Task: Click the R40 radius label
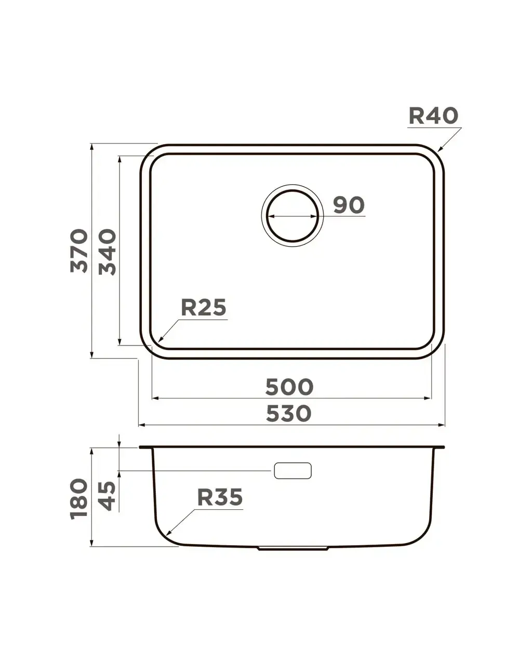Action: pyautogui.click(x=433, y=116)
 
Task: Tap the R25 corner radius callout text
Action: pyautogui.click(x=203, y=307)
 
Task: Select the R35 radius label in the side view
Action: pyautogui.click(x=220, y=497)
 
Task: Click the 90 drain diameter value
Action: pyautogui.click(x=349, y=205)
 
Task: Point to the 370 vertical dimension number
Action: pyautogui.click(x=79, y=250)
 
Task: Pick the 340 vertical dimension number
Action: pyautogui.click(x=108, y=252)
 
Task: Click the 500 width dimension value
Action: pyautogui.click(x=289, y=387)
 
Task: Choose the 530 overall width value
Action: pyautogui.click(x=288, y=414)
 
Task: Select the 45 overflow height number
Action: pyautogui.click(x=107, y=496)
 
